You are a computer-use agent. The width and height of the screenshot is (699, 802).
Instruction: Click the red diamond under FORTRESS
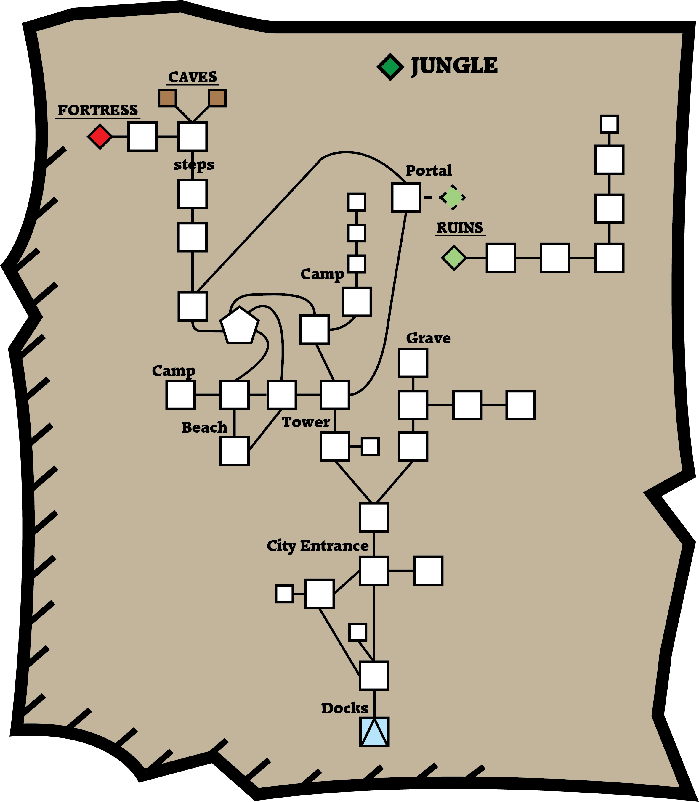coord(100,136)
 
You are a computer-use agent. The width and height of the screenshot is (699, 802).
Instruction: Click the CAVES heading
coord(192,77)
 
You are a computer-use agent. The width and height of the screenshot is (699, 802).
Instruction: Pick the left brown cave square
coord(167,98)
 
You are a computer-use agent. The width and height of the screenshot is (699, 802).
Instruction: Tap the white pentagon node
coord(239,326)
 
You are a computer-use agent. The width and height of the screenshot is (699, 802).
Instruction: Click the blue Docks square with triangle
coord(374,732)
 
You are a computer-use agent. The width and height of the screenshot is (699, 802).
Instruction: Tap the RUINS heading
coord(460,228)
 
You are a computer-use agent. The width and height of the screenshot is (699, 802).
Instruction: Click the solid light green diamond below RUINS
coord(454,258)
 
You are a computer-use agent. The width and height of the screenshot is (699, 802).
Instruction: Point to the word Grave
coord(428,338)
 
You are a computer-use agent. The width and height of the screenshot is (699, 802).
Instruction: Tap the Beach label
coord(204,427)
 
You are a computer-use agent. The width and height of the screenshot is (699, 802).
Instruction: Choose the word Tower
coord(306,422)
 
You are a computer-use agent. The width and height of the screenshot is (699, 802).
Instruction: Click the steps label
coord(194,165)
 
